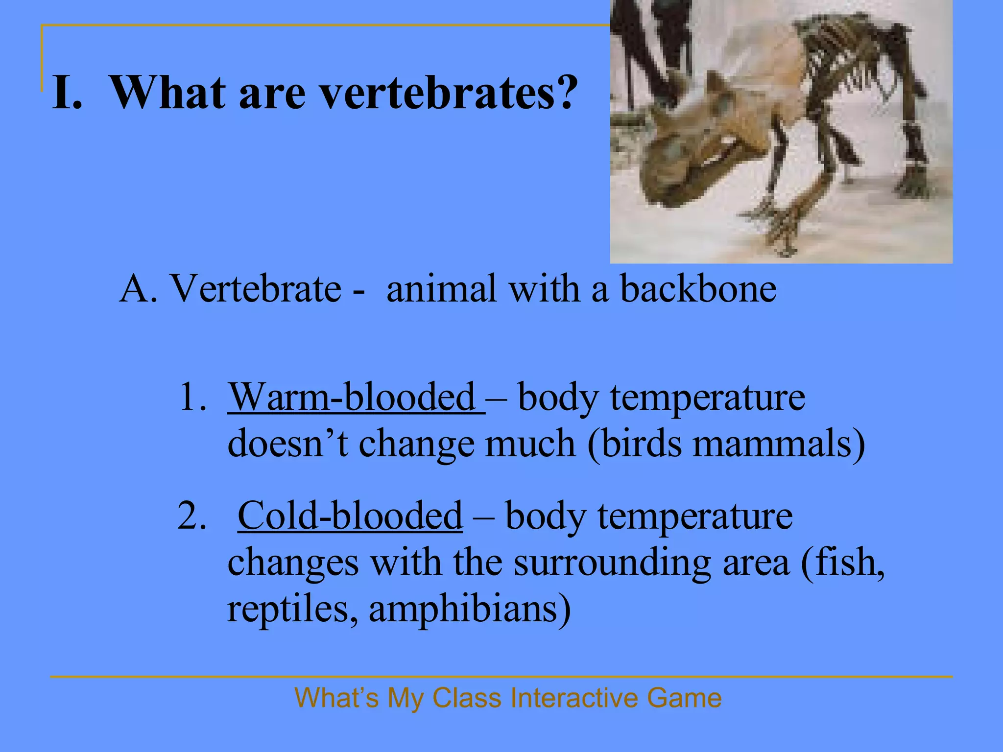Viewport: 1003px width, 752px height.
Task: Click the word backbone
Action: (698, 289)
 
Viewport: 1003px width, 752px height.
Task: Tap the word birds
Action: (642, 444)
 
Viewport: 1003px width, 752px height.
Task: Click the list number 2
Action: (191, 517)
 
